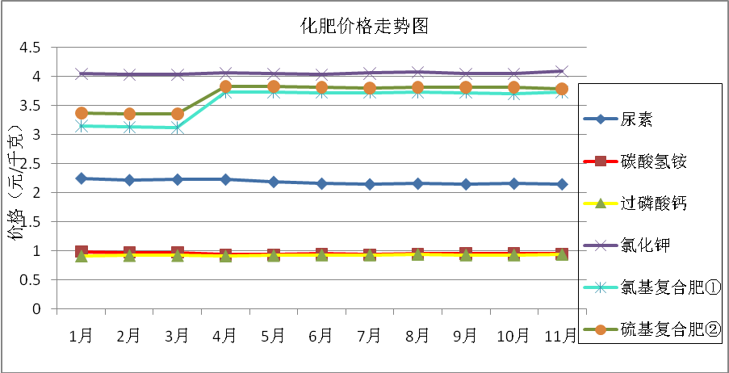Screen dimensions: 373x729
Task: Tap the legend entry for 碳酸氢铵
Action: (x=653, y=162)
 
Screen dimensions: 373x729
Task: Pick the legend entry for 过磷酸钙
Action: (x=653, y=203)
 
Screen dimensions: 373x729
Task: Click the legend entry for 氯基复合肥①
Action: (x=658, y=287)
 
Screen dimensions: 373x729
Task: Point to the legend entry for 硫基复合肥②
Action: (x=658, y=329)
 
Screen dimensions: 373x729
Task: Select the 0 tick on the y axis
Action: (x=36, y=308)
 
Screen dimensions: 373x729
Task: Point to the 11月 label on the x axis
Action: (x=562, y=334)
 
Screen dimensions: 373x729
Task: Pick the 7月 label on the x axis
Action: (x=369, y=334)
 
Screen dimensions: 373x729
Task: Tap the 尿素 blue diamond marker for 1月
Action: (x=82, y=178)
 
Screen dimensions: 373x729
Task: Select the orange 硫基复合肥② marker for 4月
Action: (x=225, y=86)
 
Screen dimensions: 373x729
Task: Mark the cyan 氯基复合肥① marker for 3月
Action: (x=178, y=128)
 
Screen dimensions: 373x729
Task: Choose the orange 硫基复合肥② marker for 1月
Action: (x=82, y=113)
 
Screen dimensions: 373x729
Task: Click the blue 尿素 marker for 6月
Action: (x=321, y=183)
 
